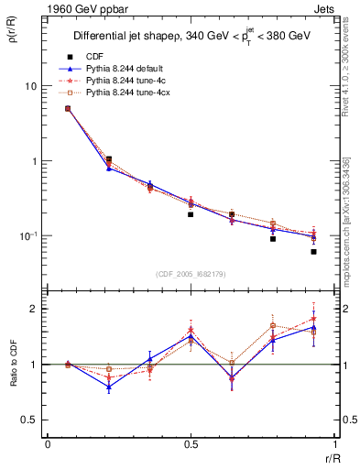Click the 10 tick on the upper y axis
(29, 86)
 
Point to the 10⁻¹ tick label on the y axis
(28, 236)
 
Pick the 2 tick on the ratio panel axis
(35, 309)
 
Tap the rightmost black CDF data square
(313, 251)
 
